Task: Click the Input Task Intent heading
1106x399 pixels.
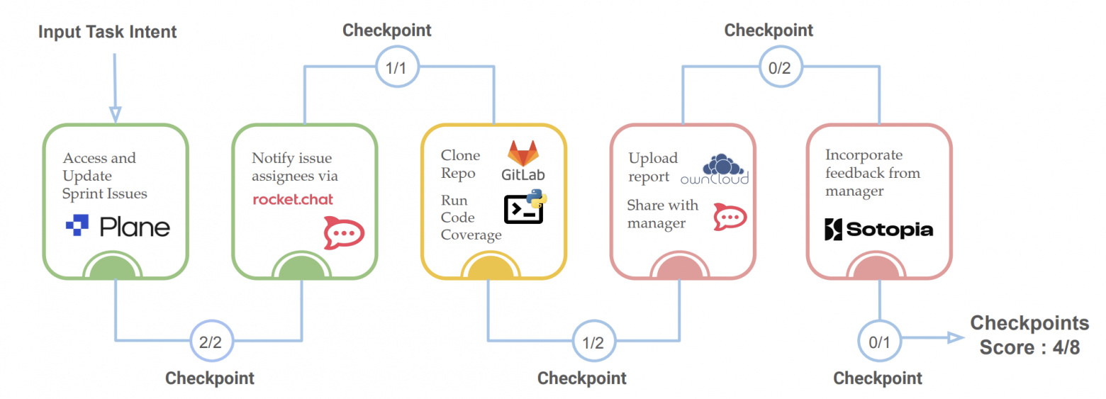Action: tap(108, 32)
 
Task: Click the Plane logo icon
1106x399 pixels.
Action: tap(78, 226)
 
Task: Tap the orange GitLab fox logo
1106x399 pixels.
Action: tap(523, 154)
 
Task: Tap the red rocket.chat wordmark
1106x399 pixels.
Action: tap(293, 199)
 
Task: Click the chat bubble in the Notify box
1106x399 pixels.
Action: tap(344, 233)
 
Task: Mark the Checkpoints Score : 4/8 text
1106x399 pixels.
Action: tap(1029, 335)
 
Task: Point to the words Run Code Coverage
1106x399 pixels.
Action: tap(470, 218)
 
